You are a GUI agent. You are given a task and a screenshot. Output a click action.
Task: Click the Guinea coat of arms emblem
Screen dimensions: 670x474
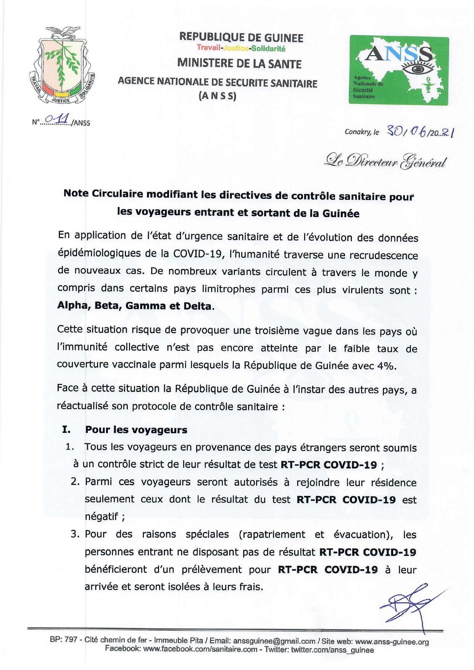[62, 66]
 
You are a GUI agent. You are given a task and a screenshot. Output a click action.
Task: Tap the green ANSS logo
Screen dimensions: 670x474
[398, 70]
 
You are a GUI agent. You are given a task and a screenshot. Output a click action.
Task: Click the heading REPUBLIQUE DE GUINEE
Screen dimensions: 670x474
[241, 37]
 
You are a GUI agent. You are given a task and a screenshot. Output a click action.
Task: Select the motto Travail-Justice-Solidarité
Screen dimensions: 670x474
[241, 48]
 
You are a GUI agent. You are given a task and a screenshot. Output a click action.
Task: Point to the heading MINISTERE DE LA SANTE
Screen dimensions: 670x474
[239, 63]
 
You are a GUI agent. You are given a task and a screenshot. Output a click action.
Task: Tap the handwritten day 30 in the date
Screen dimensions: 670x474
[394, 131]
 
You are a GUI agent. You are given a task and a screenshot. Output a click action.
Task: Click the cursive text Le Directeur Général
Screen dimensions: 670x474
[385, 161]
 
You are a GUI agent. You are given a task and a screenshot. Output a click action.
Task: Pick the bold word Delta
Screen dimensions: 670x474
[197, 306]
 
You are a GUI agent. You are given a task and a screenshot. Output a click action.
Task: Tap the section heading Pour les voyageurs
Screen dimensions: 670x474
[136, 430]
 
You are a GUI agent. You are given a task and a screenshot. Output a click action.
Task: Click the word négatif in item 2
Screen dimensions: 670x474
[102, 517]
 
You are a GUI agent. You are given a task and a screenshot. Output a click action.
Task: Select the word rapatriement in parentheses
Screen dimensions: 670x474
[273, 534]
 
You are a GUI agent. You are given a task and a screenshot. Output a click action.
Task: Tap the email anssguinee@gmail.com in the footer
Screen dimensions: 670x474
[274, 641]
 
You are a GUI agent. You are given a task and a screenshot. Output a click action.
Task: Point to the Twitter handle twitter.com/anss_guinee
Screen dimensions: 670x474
[332, 650]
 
